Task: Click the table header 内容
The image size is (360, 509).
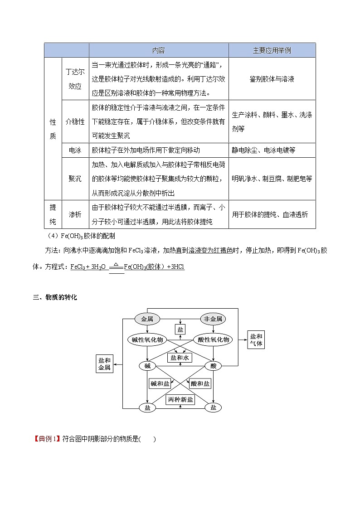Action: pyautogui.click(x=158, y=50)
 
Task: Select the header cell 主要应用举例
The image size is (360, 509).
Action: pyautogui.click(x=272, y=50)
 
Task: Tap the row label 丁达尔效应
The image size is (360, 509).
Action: pyautogui.click(x=75, y=79)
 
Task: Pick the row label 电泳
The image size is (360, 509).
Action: pyautogui.click(x=75, y=150)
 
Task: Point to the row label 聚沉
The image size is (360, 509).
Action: pyautogui.click(x=75, y=179)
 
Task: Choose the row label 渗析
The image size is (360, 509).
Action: pyautogui.click(x=75, y=214)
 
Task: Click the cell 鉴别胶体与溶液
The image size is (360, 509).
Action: pyautogui.click(x=272, y=79)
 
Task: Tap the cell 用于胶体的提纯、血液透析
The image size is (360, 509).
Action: pyautogui.click(x=270, y=214)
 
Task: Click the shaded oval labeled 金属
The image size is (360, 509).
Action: pyautogui.click(x=147, y=319)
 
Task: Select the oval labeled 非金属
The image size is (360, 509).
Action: pyautogui.click(x=213, y=319)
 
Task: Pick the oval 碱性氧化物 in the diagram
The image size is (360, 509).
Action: pyautogui.click(x=147, y=339)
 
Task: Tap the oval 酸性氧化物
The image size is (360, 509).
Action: pyautogui.click(x=213, y=339)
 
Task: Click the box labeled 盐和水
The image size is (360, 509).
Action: pyautogui.click(x=180, y=358)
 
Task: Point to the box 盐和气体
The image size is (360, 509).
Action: pyautogui.click(x=256, y=339)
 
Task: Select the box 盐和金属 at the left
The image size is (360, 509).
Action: pyautogui.click(x=104, y=364)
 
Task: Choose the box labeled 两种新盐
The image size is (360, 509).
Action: pyautogui.click(x=180, y=399)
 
